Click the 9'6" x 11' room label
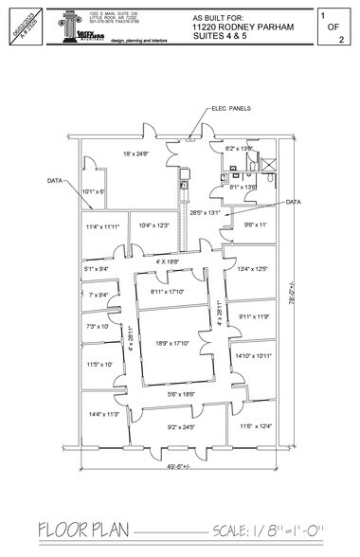[x=257, y=225]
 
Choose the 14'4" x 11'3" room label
[x=102, y=414]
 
